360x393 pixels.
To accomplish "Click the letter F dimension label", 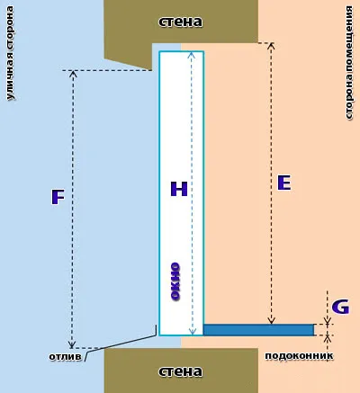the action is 58,197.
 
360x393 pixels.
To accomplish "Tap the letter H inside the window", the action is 179,189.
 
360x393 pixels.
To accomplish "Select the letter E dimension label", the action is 283,183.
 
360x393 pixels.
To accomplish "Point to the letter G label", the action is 340,307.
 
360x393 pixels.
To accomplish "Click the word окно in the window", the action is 175,281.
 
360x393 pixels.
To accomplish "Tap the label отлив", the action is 65,357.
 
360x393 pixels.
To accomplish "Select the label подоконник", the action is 299,356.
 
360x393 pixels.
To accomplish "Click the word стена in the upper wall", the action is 180,22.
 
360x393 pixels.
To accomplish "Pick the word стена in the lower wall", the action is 180,371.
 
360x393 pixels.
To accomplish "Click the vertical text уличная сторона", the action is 10,53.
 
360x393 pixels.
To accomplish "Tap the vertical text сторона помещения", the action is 349,63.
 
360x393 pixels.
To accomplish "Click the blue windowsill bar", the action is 258,329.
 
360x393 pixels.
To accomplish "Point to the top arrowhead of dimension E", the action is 271,45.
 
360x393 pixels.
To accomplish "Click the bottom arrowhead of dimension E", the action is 271,321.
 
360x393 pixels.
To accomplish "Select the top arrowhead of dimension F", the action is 73,74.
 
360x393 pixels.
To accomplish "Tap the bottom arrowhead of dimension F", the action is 71,344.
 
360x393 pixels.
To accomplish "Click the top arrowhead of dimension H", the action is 193,55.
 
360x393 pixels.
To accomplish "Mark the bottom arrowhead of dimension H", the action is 193,331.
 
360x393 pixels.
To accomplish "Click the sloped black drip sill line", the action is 121,344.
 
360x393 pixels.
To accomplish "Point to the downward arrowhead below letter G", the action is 328,321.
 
